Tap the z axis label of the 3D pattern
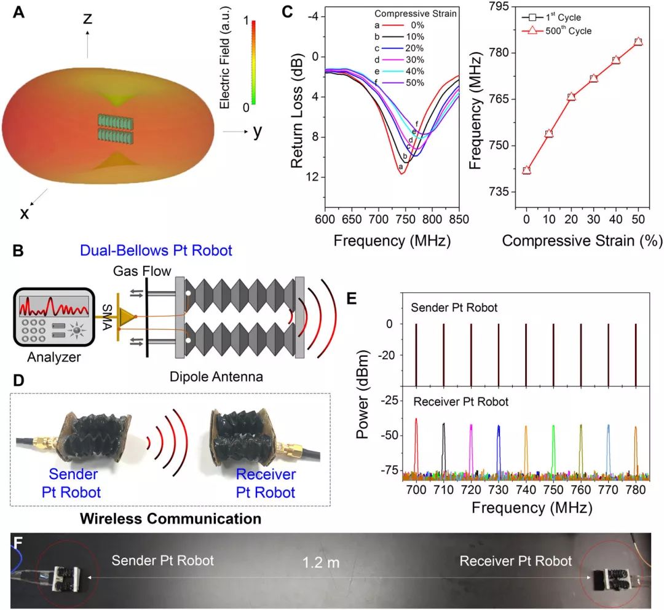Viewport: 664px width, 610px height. [x=88, y=20]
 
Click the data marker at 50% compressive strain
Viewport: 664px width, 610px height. [x=638, y=42]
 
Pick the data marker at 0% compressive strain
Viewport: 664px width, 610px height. [x=526, y=170]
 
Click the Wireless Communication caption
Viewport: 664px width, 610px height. [x=170, y=518]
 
